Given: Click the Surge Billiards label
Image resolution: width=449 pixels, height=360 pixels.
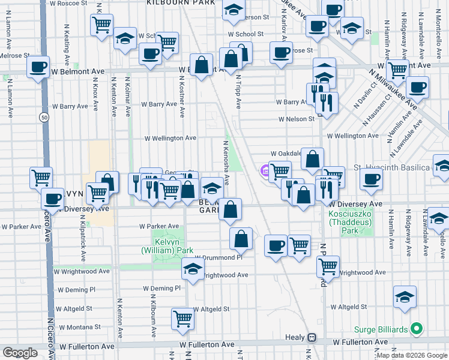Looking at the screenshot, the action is click(382, 329).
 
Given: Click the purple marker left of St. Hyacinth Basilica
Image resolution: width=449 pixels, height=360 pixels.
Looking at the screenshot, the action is click(265, 171).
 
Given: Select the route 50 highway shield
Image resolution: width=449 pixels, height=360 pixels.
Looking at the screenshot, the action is click(44, 118).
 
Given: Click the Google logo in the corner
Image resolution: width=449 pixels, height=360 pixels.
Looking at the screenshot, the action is click(20, 353).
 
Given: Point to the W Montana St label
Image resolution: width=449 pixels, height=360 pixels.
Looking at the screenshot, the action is click(80, 327).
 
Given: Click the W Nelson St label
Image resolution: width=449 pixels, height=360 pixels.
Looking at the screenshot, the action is click(296, 119).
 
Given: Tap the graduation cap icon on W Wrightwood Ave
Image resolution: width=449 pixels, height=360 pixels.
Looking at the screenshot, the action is click(193, 269).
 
